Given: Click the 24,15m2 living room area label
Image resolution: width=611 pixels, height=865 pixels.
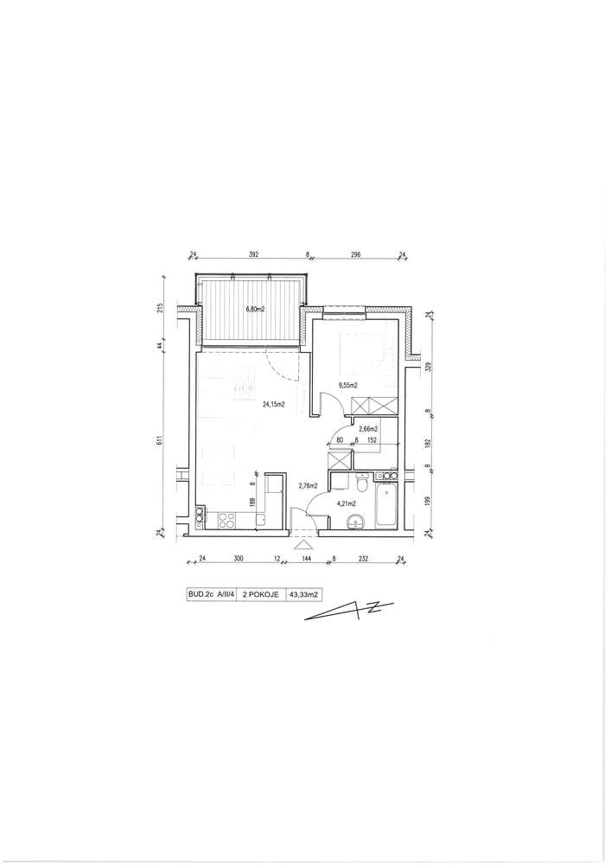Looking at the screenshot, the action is [273, 404].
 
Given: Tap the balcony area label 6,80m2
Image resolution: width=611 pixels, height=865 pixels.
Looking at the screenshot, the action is [255, 309].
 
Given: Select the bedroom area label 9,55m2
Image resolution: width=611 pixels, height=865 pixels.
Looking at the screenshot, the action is [347, 386].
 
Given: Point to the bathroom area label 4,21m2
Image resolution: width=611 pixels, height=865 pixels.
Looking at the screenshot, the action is [346, 503].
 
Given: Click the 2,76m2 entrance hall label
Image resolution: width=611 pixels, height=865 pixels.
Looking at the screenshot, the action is [308, 486].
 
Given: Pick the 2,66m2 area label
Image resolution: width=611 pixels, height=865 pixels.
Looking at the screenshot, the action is [368, 429].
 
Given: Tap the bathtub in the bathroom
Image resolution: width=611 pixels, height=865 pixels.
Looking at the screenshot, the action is [385, 505].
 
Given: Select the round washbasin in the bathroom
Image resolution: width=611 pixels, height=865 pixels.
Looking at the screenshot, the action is [355, 522].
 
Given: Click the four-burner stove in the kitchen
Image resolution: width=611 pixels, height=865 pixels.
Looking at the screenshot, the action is [227, 519].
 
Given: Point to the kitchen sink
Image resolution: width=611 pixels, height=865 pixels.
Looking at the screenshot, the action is [260, 519].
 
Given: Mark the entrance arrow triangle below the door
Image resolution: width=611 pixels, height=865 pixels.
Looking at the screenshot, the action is [303, 545].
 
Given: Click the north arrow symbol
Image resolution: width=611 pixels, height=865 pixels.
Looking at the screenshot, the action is [349, 610].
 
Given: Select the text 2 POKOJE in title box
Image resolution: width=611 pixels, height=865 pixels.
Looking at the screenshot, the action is [261, 595].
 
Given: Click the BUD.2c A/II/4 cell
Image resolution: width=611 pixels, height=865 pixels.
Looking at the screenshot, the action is [212, 595].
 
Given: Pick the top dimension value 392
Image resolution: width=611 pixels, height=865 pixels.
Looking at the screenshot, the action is [253, 255].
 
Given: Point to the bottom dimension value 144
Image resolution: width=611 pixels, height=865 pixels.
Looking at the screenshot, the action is [306, 559].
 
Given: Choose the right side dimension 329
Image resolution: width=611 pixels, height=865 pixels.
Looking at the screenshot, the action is [430, 367].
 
